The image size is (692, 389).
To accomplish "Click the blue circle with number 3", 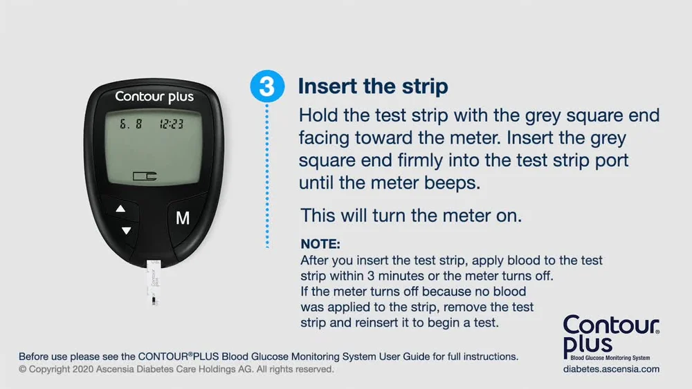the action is coord(267,86).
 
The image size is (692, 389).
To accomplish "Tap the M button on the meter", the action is coord(183,218).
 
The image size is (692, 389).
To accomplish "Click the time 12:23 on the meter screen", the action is coord(171,124).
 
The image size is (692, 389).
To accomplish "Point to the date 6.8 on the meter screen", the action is coord(131,124).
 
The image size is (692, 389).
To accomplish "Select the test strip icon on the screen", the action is coord(145,176).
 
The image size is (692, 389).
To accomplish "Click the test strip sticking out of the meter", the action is coord(154,282).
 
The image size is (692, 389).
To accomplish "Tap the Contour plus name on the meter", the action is coord(154,97).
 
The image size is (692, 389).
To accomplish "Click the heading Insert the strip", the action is coord(373,86).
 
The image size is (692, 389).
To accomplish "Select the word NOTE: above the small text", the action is coord(320,244).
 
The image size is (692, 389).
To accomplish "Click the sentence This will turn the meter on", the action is coord(411,216).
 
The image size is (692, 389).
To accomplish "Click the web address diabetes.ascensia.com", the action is coord(611,369).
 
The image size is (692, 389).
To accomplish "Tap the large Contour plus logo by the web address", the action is coord(611,337).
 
